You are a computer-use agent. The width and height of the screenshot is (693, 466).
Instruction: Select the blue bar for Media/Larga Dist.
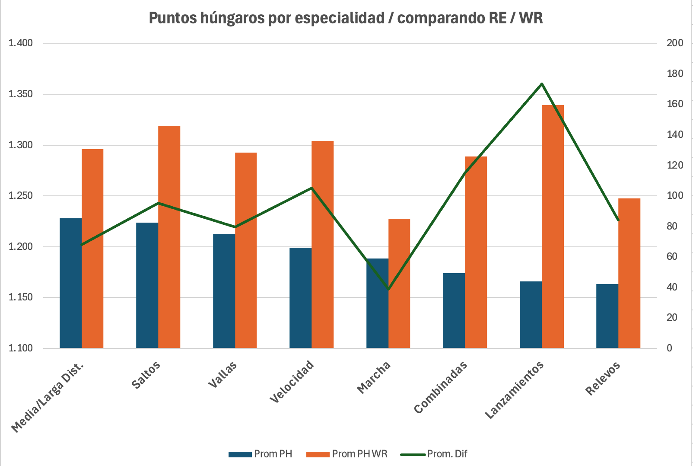[x=70, y=283]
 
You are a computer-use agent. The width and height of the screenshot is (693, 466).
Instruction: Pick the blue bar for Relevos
[x=607, y=316]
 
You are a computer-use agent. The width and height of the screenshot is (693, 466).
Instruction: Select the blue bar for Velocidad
[x=300, y=298]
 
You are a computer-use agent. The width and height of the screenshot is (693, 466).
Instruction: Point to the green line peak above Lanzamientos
[x=542, y=84]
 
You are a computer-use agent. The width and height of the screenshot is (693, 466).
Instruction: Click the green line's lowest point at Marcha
[x=388, y=289]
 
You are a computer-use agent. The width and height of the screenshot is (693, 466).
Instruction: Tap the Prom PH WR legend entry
[x=347, y=454]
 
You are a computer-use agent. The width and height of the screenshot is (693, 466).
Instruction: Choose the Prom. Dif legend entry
[x=434, y=454]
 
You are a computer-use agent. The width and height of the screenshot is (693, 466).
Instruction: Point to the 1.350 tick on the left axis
[x=21, y=94]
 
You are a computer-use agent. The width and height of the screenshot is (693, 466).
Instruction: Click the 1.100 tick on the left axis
[x=21, y=348]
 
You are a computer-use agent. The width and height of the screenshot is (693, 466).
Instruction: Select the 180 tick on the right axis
[x=675, y=73]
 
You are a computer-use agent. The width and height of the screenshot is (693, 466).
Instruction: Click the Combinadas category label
[x=441, y=387]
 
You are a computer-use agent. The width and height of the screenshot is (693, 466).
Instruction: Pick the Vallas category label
[x=223, y=374]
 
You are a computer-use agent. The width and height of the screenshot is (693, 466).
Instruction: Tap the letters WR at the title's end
[x=531, y=18]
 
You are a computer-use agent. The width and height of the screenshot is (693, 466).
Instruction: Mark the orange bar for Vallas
[x=246, y=251]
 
